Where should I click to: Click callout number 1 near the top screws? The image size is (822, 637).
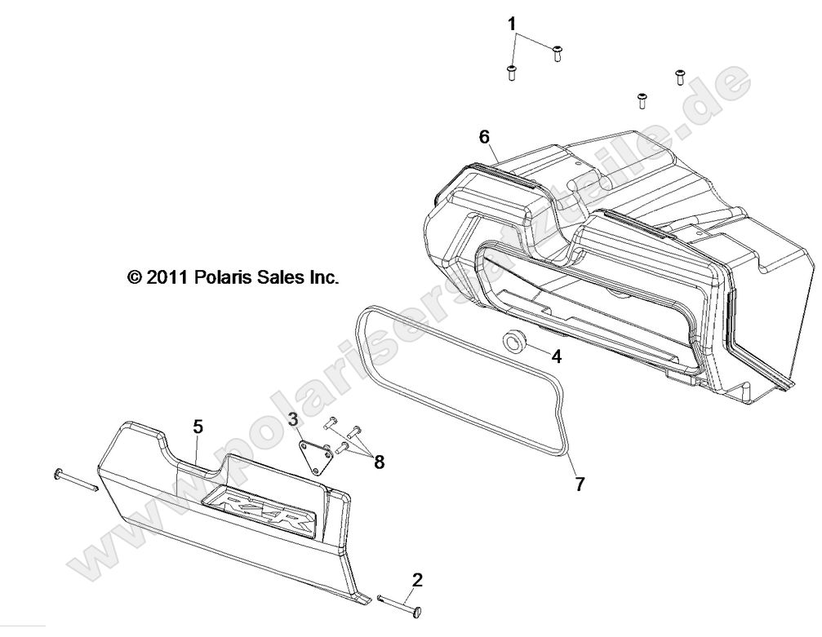click(513, 24)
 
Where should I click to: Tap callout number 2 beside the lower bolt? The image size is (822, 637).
click(417, 581)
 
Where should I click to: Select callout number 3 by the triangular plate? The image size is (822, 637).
click(293, 419)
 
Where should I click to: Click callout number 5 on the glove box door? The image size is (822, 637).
click(198, 426)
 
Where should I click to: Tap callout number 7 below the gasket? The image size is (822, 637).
click(579, 484)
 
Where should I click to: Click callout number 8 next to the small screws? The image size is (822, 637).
click(379, 462)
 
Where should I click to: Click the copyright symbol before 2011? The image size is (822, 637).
click(135, 277)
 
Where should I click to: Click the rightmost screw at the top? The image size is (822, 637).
click(679, 77)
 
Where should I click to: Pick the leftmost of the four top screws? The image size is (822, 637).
click(511, 73)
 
